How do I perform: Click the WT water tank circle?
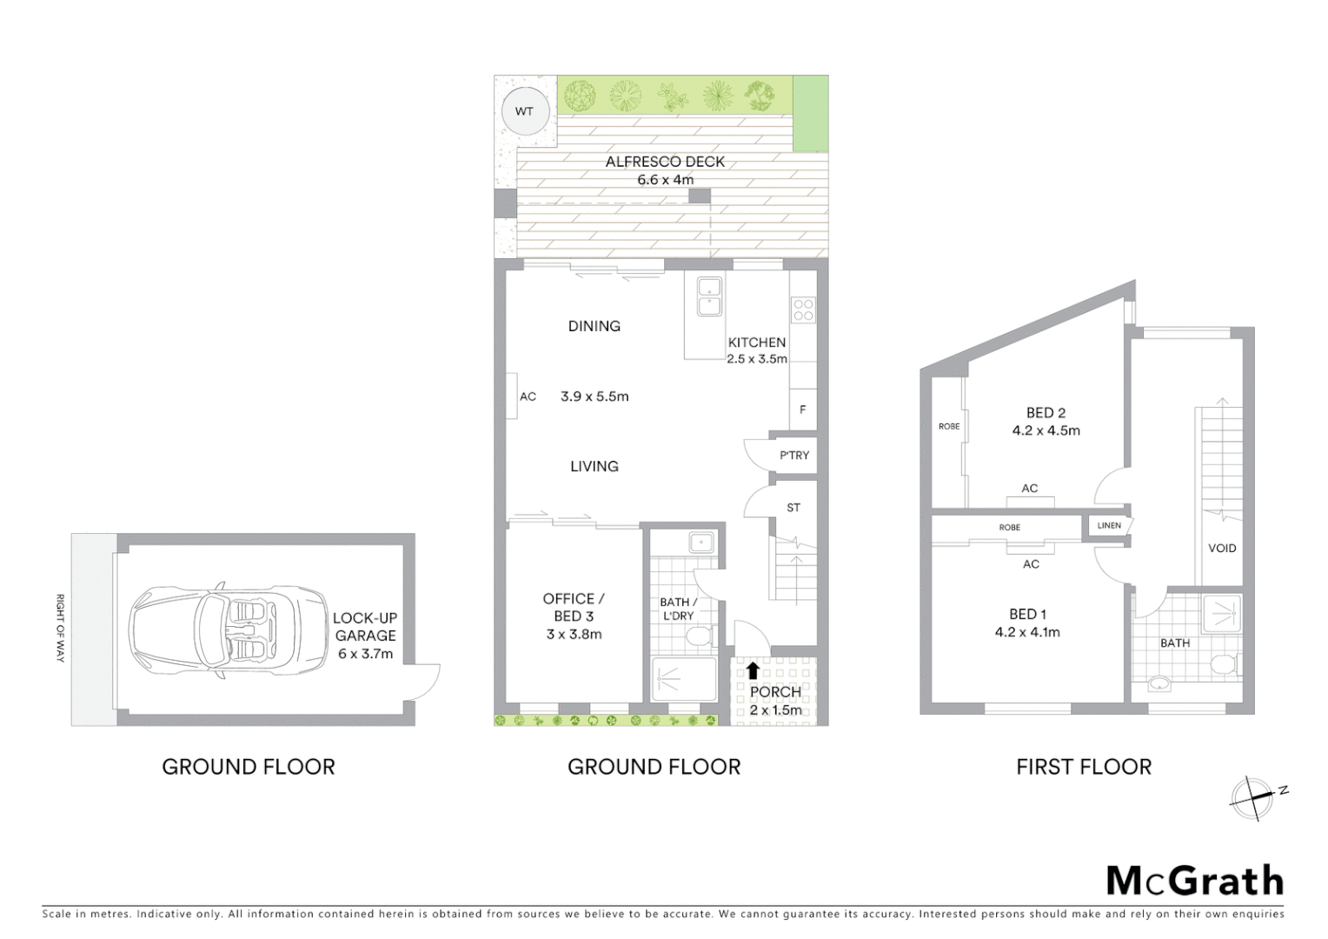click(x=524, y=111)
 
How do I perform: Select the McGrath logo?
click(x=1195, y=881)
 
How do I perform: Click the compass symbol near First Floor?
click(x=1252, y=797)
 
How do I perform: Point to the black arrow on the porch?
click(x=753, y=670)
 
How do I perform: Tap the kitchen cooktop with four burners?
click(x=803, y=310)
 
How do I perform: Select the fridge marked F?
click(x=802, y=409)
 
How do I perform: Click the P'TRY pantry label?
click(x=793, y=455)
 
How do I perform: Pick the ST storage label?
click(x=793, y=508)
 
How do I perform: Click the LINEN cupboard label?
click(x=1109, y=525)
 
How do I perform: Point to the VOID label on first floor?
click(x=1221, y=548)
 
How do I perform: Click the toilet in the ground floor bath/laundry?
click(x=698, y=637)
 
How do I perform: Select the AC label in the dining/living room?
click(x=528, y=396)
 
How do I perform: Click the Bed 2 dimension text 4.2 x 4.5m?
click(x=1046, y=430)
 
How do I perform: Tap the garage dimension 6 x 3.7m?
click(x=365, y=654)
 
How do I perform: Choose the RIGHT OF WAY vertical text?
click(x=60, y=628)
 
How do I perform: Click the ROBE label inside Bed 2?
click(x=948, y=426)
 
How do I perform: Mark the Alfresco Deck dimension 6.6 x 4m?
click(x=665, y=180)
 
